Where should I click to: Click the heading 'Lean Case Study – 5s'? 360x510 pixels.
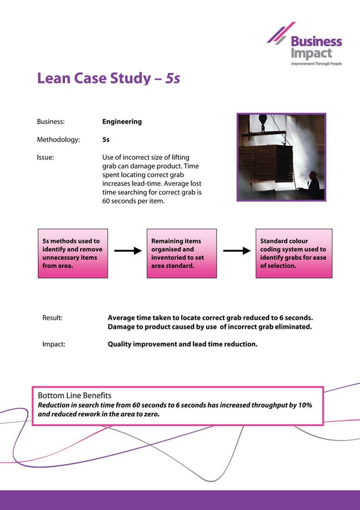[x=108, y=78]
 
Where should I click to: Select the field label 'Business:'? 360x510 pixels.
[x=51, y=121]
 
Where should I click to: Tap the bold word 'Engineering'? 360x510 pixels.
[x=122, y=121]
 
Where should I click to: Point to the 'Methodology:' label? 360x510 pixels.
[x=58, y=139]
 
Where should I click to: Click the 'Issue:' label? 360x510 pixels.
[x=45, y=157]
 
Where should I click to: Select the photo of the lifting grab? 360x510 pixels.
[x=280, y=157]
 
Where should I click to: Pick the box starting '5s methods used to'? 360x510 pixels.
[x=72, y=253]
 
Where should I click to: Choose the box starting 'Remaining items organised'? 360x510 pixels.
[x=181, y=253]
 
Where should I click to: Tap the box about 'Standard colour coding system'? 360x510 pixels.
[x=293, y=253]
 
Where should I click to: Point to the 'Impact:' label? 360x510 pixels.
[x=54, y=343]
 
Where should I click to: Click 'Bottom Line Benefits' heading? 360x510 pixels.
[x=74, y=395]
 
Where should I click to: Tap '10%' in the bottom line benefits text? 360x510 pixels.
[x=304, y=405]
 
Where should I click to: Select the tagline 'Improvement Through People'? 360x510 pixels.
[x=316, y=64]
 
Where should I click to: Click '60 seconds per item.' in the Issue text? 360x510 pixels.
[x=133, y=201]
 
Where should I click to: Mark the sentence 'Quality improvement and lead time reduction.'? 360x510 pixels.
[x=182, y=343]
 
